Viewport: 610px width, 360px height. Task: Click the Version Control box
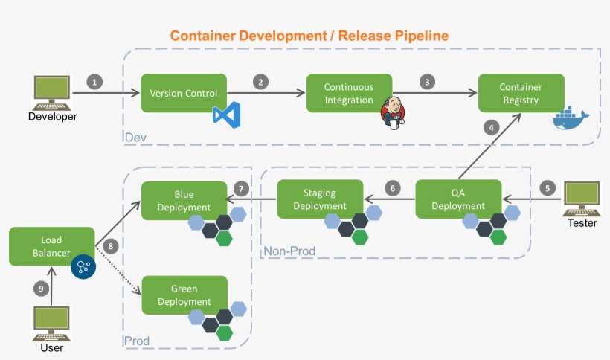point(184,93)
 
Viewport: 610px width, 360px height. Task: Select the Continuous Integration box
point(349,93)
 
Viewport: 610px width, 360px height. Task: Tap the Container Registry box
point(521,93)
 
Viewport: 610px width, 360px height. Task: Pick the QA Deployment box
point(458,199)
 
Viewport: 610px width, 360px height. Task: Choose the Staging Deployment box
point(320,199)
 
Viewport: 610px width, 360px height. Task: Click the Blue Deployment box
point(184,199)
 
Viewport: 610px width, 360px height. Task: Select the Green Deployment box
point(184,295)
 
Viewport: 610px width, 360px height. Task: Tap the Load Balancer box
point(51,246)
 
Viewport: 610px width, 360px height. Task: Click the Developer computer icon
point(52,93)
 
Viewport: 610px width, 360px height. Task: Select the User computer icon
point(51,324)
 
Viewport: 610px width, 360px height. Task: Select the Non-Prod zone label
point(289,251)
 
